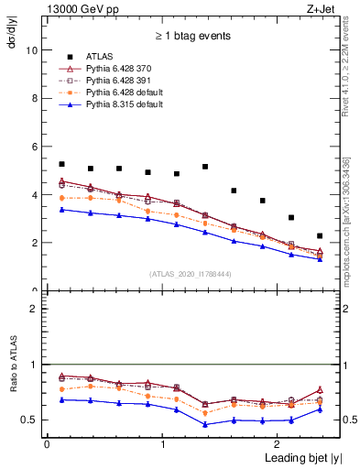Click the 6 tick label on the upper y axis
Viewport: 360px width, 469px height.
pos(37,147)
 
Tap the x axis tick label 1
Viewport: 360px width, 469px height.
pos(163,444)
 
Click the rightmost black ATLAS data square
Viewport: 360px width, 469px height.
pos(320,236)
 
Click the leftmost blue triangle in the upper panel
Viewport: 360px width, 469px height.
pos(61,210)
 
